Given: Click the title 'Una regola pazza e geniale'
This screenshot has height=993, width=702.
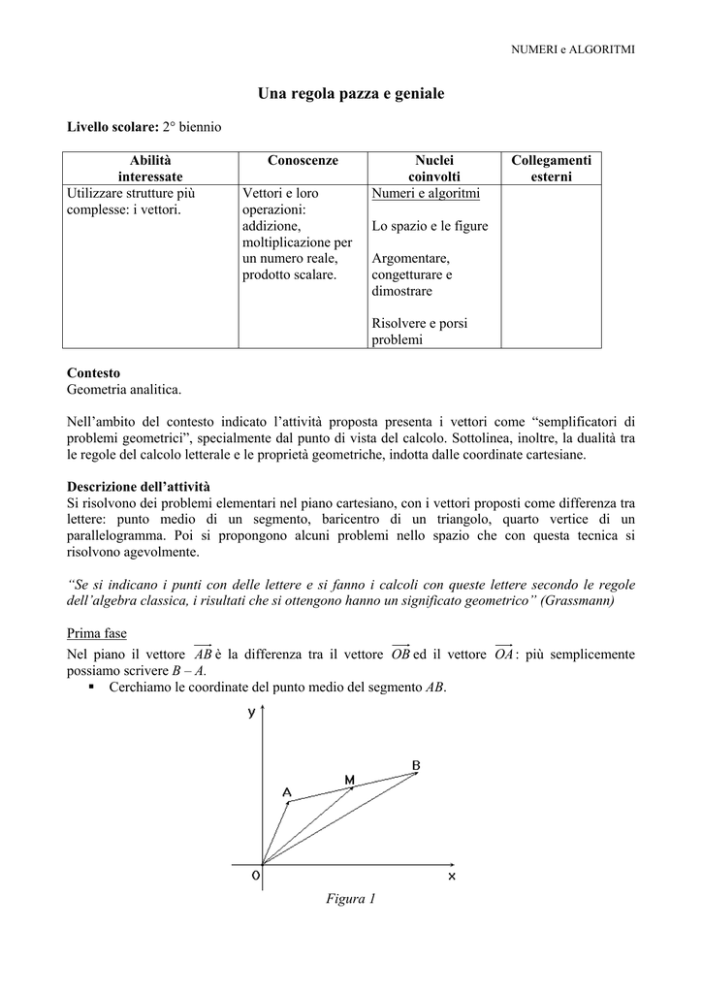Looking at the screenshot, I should pyautogui.click(x=351, y=94).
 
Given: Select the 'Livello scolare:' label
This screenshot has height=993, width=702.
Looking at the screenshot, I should pyautogui.click(x=106, y=127).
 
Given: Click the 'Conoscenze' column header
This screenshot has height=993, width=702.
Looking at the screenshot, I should pyautogui.click(x=303, y=160).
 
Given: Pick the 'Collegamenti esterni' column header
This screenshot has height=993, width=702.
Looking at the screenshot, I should pyautogui.click(x=551, y=168).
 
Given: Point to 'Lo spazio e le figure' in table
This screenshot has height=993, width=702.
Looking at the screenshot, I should pyautogui.click(x=430, y=226).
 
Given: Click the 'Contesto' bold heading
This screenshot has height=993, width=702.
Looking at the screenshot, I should pyautogui.click(x=93, y=373).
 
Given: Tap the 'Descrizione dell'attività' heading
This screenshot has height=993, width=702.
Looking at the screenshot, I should pyautogui.click(x=138, y=486).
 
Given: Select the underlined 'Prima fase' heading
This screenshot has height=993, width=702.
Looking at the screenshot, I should pyautogui.click(x=96, y=633).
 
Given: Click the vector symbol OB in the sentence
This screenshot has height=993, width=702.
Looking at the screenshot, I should pyautogui.click(x=399, y=654).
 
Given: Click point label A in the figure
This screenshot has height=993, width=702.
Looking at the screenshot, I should pyautogui.click(x=287, y=792).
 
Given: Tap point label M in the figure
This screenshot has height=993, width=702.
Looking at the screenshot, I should pyautogui.click(x=349, y=779).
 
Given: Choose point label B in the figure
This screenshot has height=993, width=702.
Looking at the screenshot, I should pyautogui.click(x=416, y=765).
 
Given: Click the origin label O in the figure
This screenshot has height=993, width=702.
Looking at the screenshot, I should pyautogui.click(x=255, y=876).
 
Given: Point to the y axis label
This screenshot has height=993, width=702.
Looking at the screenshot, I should pyautogui.click(x=252, y=714).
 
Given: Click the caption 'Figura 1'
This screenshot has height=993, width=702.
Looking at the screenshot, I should pyautogui.click(x=351, y=899).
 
